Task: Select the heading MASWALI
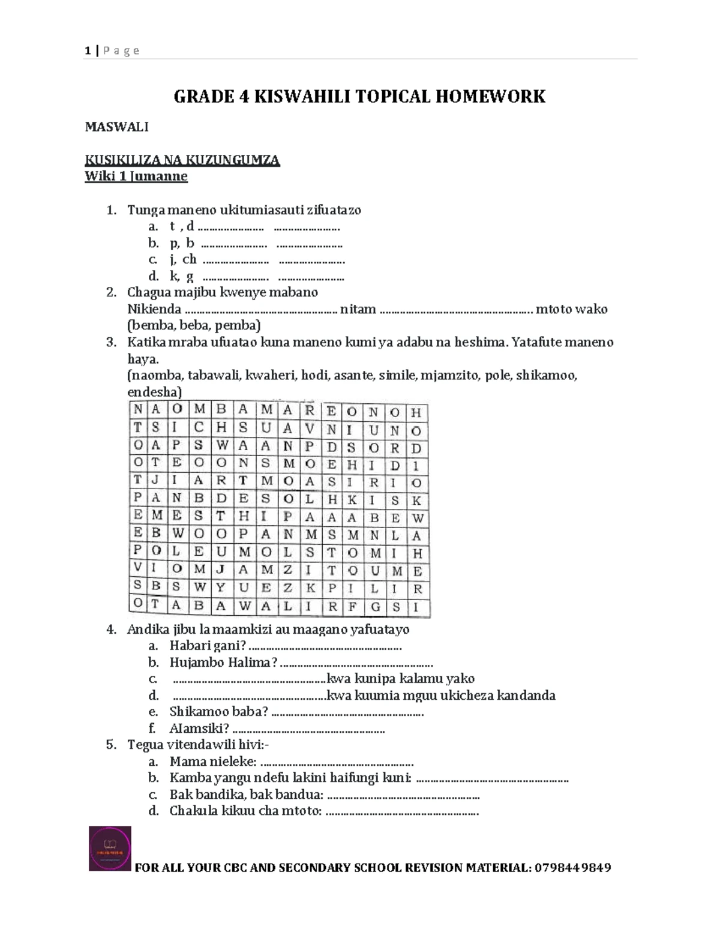116,127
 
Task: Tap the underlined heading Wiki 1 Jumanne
136,176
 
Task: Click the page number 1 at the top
88,51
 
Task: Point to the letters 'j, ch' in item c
183,259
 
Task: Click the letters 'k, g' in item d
181,276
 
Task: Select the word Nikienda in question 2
154,309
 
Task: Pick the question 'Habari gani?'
208,646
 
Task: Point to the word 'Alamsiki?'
199,729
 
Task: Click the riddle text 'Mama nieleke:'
213,762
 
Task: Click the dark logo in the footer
110,848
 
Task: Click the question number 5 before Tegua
110,745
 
